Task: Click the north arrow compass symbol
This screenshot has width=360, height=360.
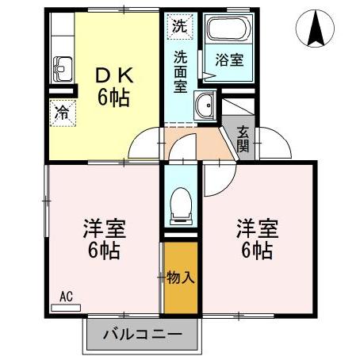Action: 315,31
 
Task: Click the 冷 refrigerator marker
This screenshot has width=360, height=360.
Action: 61,112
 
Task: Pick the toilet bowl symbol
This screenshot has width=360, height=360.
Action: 181,204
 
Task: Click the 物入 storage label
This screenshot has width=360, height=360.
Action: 181,278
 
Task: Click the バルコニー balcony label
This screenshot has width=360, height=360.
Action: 140,335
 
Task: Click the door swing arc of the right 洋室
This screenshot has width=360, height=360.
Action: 216,183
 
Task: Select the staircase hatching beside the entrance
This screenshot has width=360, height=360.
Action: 238,111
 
